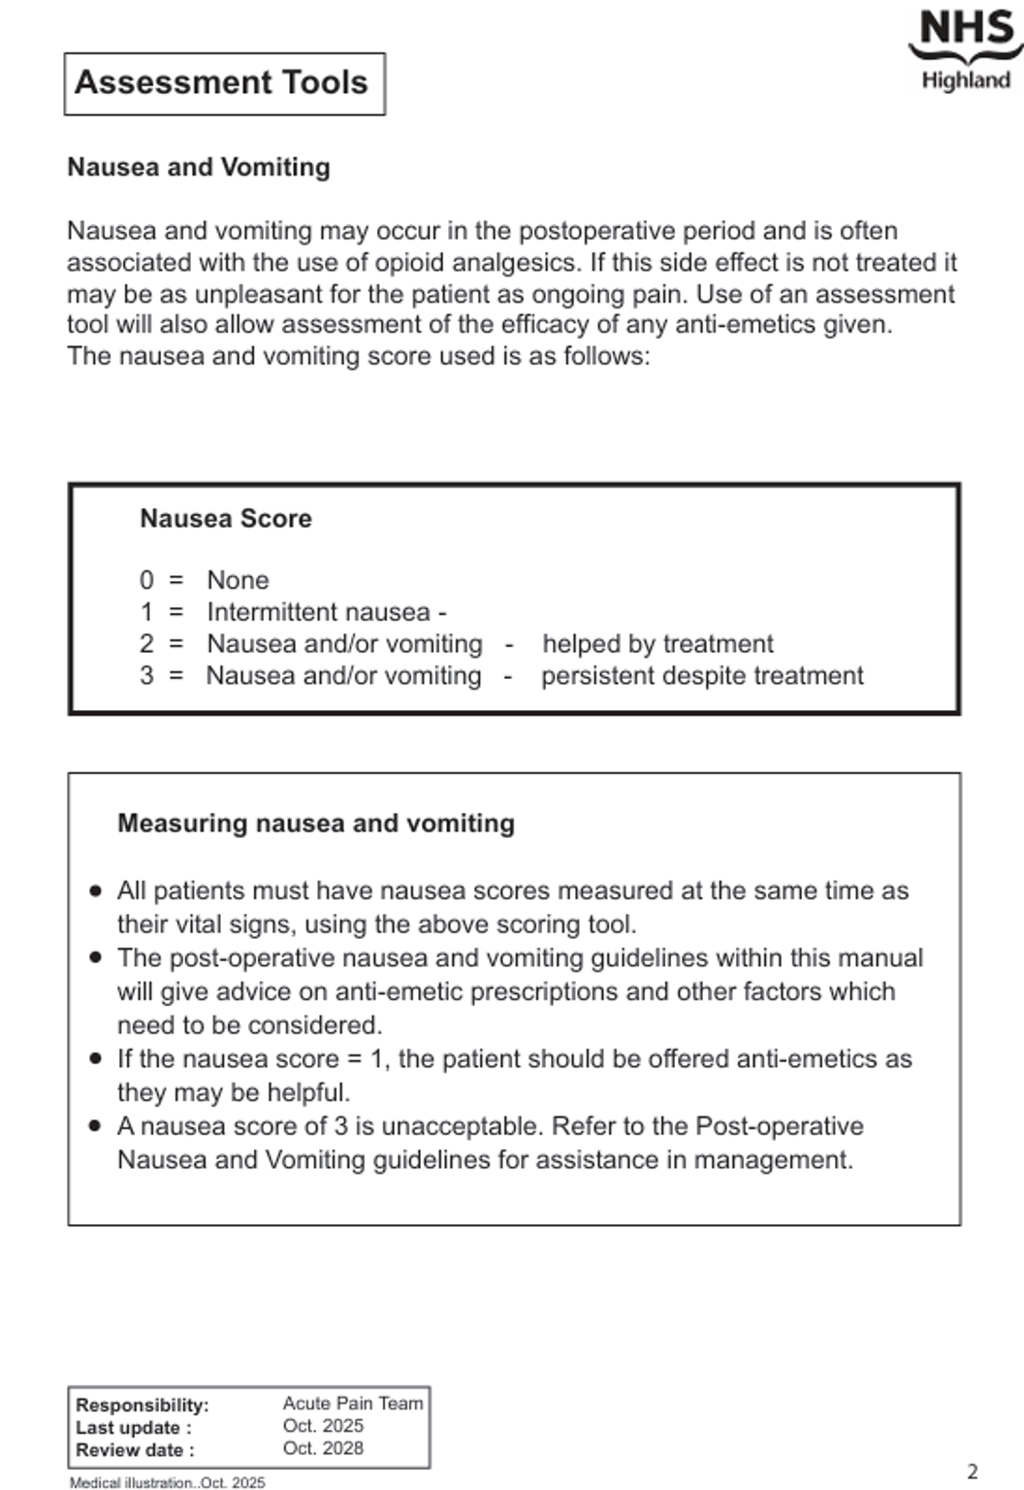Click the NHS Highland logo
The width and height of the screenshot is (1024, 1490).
point(966,49)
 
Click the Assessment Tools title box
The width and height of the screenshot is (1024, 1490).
point(224,83)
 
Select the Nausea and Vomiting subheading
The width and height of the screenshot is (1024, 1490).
point(199,167)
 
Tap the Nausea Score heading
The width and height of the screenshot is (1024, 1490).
point(226,518)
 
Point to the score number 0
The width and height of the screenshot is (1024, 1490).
point(146,580)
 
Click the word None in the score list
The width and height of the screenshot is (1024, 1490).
point(238,580)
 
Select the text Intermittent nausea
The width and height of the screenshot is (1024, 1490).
point(318,612)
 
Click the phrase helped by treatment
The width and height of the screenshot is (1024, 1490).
point(657,644)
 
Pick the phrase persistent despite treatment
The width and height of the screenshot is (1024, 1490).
point(702,676)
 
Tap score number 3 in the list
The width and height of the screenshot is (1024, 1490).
point(146,676)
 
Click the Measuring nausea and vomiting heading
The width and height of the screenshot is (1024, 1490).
point(316,824)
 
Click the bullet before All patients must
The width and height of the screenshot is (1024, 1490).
point(95,891)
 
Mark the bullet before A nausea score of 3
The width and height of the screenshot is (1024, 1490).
point(95,1126)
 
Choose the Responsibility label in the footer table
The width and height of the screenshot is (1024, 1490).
point(143,1405)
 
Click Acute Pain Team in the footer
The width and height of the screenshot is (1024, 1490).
point(353,1404)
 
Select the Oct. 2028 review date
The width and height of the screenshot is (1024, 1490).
point(323,1448)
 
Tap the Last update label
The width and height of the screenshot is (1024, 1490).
point(134,1428)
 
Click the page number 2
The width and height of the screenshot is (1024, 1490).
point(973,1472)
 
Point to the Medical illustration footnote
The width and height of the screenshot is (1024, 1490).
point(167,1482)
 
